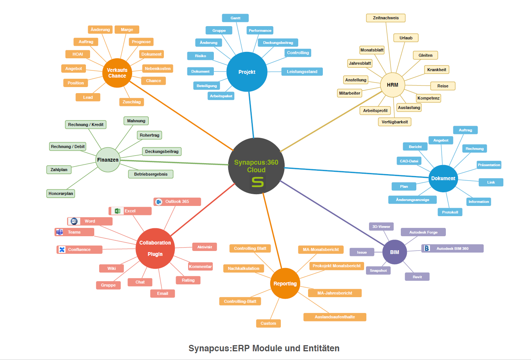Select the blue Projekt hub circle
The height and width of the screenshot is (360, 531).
pos(247,72)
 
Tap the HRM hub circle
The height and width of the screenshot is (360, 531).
pos(392,85)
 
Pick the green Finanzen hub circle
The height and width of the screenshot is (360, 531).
pos(108,160)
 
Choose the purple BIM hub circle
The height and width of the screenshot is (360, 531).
pos(394,252)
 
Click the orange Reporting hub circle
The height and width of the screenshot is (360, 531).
pos(285,284)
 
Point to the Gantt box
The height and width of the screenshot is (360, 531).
pos(235,18)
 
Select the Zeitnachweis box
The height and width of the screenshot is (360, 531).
pos(386,18)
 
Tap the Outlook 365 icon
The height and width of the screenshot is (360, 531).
pos(159,202)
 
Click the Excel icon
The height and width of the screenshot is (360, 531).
pos(117,211)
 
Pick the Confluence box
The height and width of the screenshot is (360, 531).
pos(79,250)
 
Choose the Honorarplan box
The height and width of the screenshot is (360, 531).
pos(61,193)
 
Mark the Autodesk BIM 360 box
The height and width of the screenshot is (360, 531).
pos(452,249)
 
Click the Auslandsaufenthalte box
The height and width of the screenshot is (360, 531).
pos(335,317)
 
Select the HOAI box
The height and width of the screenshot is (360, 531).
pos(78,54)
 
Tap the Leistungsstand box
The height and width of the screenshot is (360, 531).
pos(302,72)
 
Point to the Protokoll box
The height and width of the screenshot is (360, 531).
pos(450,212)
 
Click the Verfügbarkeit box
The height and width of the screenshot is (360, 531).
pos(395,122)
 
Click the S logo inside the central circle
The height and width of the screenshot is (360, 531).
pos(258,182)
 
